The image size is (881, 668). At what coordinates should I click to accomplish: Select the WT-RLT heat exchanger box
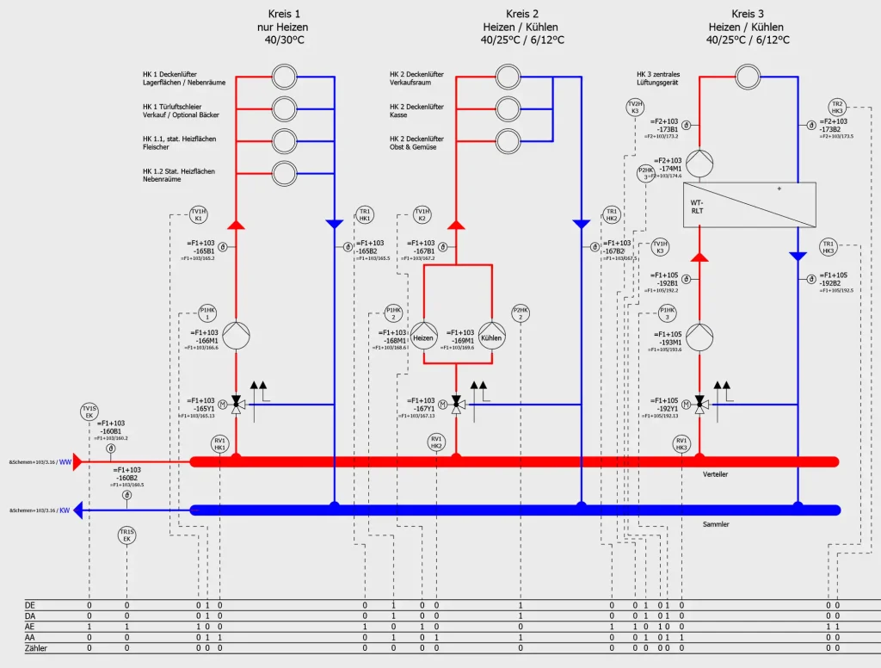point(749,205)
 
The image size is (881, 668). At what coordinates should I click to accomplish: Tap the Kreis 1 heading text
point(285,14)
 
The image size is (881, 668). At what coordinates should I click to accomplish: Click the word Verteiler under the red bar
point(716,474)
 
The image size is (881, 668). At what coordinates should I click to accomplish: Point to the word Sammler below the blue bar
point(716,523)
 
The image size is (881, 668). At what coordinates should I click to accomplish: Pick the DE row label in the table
point(30,605)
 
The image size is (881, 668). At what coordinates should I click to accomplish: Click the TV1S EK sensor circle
point(89,412)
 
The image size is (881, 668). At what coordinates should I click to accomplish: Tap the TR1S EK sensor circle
point(126,536)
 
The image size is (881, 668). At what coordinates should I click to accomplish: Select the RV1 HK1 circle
point(219,444)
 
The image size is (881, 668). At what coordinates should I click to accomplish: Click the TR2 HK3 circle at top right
point(837,108)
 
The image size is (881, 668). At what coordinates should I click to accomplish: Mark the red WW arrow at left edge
point(77,462)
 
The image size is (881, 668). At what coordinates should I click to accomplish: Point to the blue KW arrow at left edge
point(77,510)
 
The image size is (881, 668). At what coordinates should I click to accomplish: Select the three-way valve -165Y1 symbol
point(239,405)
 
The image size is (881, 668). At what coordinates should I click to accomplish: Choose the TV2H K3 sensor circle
point(635,108)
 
